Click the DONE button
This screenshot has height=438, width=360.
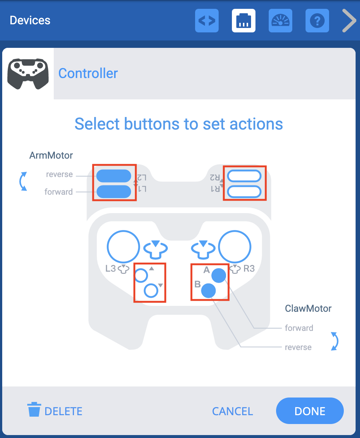[x=310, y=411]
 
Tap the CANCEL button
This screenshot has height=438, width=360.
[x=232, y=411]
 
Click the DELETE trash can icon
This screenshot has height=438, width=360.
[x=34, y=410]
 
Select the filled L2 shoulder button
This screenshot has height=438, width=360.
[x=114, y=176]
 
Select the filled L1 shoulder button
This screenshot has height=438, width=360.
[x=114, y=191]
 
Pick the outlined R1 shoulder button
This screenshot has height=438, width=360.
[x=244, y=191]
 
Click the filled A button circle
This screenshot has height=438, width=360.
[x=219, y=275]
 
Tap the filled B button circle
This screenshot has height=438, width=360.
[x=208, y=291]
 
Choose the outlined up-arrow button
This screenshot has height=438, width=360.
[x=141, y=275]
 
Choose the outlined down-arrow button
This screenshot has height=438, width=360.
[x=151, y=291]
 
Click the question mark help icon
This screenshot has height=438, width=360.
[x=317, y=21]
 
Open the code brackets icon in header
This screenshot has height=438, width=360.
[x=207, y=21]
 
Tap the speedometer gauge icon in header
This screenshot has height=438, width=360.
[x=280, y=21]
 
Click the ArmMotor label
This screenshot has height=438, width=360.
[x=51, y=155]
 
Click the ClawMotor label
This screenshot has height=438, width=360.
[x=308, y=308]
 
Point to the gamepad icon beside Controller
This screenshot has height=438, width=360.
[x=28, y=74]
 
